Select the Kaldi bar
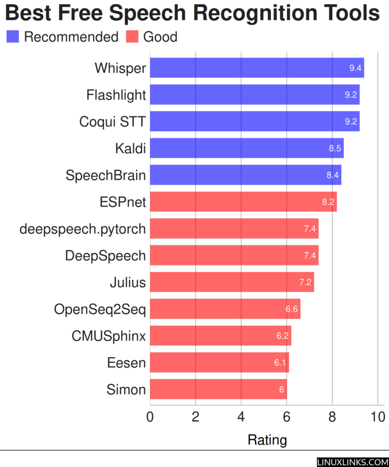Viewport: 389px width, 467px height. tap(247, 148)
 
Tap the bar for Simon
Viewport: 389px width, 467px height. tap(218, 390)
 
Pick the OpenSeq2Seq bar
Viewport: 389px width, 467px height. tap(225, 309)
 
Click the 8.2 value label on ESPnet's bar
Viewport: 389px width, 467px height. tap(328, 202)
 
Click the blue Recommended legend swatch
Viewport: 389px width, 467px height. tap(12, 37)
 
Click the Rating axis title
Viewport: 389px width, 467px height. tap(267, 440)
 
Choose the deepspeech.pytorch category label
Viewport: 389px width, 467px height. tap(83, 229)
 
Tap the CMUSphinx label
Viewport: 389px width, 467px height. tap(108, 336)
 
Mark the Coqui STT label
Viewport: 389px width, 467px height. tap(112, 122)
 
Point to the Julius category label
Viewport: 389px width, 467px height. tap(128, 283)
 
